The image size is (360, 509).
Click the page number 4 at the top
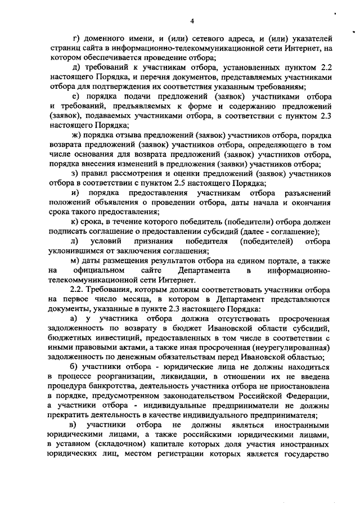[191, 21]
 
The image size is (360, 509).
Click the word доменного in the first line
[104, 39]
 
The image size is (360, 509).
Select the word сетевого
[208, 39]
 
